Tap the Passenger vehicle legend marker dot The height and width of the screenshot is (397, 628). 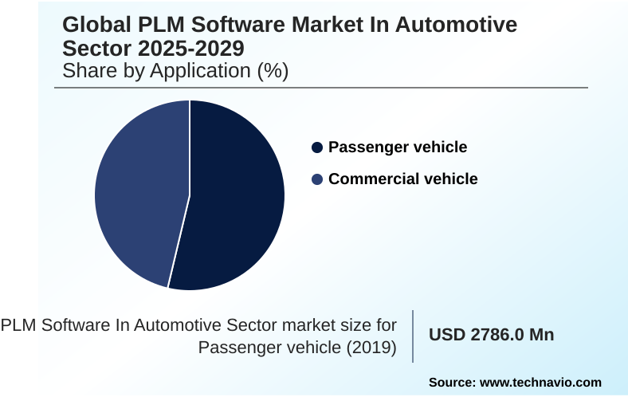tap(317, 147)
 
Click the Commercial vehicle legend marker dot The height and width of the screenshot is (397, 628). tap(317, 179)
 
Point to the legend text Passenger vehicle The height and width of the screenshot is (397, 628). tap(398, 147)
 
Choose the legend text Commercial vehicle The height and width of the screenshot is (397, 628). tap(402, 179)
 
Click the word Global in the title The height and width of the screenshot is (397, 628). tap(95, 26)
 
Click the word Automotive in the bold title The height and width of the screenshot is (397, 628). tap(455, 26)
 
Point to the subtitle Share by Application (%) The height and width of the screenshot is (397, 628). tap(175, 71)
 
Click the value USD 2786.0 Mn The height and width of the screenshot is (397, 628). tap(492, 335)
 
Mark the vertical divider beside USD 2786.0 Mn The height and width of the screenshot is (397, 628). tap(413, 336)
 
